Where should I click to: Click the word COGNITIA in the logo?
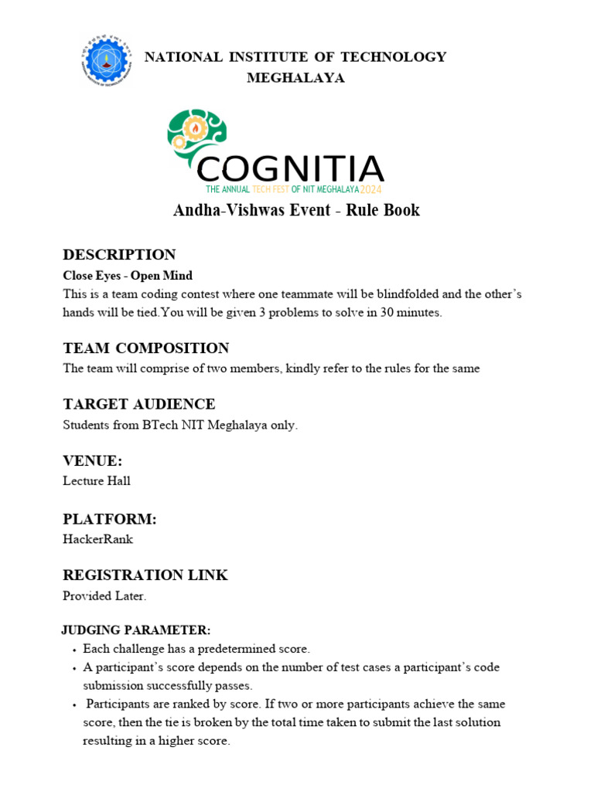290,169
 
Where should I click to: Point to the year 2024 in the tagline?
370,189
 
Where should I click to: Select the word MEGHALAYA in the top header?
295,78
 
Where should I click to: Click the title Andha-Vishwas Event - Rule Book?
296,210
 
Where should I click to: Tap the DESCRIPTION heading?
119,255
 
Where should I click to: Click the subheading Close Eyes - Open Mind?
128,276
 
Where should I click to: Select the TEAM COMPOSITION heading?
146,348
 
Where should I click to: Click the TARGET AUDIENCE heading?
139,404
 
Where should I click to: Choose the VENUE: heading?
93,461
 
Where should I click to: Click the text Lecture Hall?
97,481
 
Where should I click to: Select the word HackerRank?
97,539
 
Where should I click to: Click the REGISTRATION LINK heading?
145,575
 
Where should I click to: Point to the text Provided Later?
104,596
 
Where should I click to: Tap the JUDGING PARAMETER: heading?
136,630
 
